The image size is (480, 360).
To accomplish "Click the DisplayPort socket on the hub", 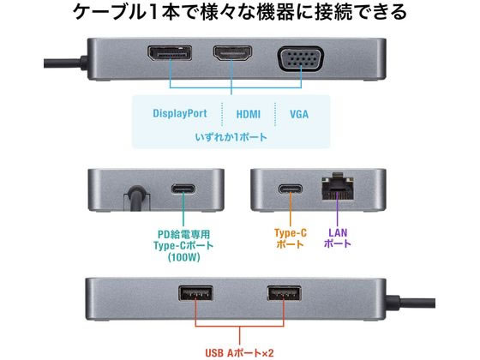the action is (170, 53).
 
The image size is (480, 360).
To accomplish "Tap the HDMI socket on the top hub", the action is (232, 53).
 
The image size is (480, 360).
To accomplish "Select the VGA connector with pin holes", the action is (300, 59).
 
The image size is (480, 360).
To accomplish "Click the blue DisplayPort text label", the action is (180, 113).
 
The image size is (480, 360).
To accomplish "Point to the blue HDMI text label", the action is (249, 115).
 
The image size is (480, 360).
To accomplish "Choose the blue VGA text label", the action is (299, 115).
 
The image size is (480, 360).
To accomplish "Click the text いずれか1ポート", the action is (231, 137).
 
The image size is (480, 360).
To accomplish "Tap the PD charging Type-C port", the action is (183, 189).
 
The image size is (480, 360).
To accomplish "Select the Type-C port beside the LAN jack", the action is (291, 189).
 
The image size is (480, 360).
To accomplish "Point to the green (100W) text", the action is (184, 257).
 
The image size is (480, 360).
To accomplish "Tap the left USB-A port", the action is (195, 293).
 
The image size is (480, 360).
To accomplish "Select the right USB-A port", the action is (284, 293).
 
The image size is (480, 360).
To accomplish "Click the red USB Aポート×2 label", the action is (239, 353).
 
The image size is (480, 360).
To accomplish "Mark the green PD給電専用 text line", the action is (184, 234).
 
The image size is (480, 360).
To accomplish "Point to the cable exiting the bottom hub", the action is (411, 303).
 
